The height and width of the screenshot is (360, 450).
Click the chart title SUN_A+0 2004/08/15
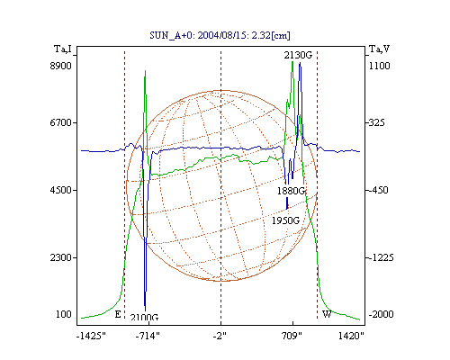click(220, 35)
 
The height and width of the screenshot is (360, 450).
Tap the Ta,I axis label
click(63, 49)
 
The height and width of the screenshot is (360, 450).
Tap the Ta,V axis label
click(379, 49)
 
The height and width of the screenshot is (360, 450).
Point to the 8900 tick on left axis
click(61, 66)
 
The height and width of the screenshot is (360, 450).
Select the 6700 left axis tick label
click(61, 122)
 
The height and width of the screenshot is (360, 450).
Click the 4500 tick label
click(61, 190)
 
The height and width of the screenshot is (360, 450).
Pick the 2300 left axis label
click(61, 257)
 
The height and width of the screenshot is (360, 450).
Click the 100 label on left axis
click(64, 314)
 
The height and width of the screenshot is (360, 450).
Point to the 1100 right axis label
click(379, 66)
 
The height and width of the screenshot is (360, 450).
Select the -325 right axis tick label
click(375, 122)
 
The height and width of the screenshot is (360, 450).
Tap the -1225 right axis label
click(380, 257)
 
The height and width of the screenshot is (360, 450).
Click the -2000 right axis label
click(381, 314)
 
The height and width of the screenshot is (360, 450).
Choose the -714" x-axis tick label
click(148, 336)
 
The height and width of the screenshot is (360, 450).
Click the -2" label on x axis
click(220, 336)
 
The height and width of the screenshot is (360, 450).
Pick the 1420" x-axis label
click(351, 336)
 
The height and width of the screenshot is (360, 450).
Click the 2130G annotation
click(298, 55)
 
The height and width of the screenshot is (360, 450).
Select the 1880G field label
click(291, 191)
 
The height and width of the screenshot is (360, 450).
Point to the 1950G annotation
click(285, 220)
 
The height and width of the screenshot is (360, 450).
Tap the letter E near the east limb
click(118, 314)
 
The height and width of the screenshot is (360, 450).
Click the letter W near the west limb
click(327, 314)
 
